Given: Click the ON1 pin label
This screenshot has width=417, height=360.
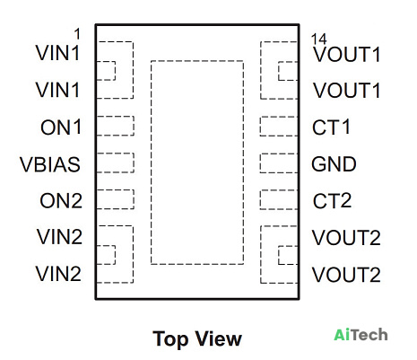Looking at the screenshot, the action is point(61,127).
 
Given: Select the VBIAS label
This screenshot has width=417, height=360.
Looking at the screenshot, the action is point(50,164).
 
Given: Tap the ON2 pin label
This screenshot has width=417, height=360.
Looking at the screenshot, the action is point(61,201).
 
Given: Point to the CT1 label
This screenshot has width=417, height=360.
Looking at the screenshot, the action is point(331,127).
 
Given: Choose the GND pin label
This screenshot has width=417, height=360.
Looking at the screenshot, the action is point(334,164).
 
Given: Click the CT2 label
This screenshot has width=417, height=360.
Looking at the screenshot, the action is point(332,200).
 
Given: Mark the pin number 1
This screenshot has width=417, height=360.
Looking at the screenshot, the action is point(77,34).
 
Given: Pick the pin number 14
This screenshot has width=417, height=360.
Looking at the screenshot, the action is point(319,40).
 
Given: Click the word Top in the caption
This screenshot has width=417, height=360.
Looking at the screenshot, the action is point(170,339).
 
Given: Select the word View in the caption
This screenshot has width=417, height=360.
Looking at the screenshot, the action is point(219,338).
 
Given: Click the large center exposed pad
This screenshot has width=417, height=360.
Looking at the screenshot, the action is point(197,162).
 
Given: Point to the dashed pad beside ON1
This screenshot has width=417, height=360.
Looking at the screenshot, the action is point(115,126).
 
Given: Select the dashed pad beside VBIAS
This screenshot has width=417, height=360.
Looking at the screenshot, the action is point(115,162).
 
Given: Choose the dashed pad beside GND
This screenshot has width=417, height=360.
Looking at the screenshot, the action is point(279,163).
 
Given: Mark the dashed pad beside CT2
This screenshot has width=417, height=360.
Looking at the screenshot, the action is point(279,199).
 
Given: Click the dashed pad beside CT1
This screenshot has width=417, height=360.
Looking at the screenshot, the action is point(279,127).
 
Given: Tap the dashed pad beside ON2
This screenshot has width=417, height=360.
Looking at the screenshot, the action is point(115,199).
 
